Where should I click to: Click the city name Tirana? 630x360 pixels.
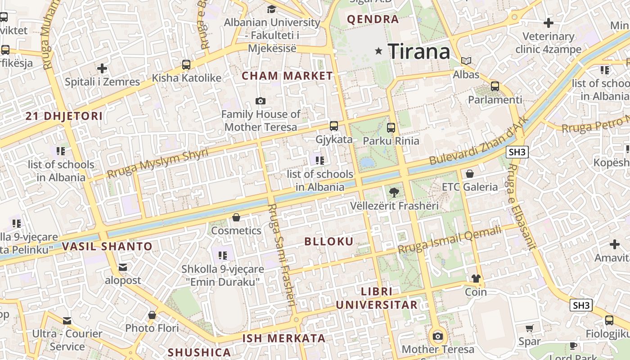tap(418, 51)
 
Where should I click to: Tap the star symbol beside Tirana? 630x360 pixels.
tap(379, 51)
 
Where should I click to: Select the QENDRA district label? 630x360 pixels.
tap(373, 19)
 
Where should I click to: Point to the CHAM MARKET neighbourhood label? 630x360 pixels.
tap(287, 76)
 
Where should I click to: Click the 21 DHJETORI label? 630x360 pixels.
tap(64, 116)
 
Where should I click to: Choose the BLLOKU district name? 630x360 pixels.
tap(329, 241)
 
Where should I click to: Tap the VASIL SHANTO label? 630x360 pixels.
tap(107, 246)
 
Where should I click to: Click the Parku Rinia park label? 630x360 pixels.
tap(391, 141)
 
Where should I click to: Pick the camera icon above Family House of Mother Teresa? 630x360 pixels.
tap(260, 101)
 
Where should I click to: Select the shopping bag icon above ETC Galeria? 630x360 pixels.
tap(470, 173)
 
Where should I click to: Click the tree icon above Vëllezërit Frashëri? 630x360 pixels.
tap(394, 192)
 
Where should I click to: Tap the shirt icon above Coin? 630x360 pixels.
tap(476, 279)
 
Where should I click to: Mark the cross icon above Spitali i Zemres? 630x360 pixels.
tap(102, 68)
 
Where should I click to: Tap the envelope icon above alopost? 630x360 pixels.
tap(122, 267)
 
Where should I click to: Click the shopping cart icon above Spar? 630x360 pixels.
tap(529, 328)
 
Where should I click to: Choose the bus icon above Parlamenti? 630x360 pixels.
tap(495, 86)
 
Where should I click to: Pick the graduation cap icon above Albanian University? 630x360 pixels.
tap(271, 9)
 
